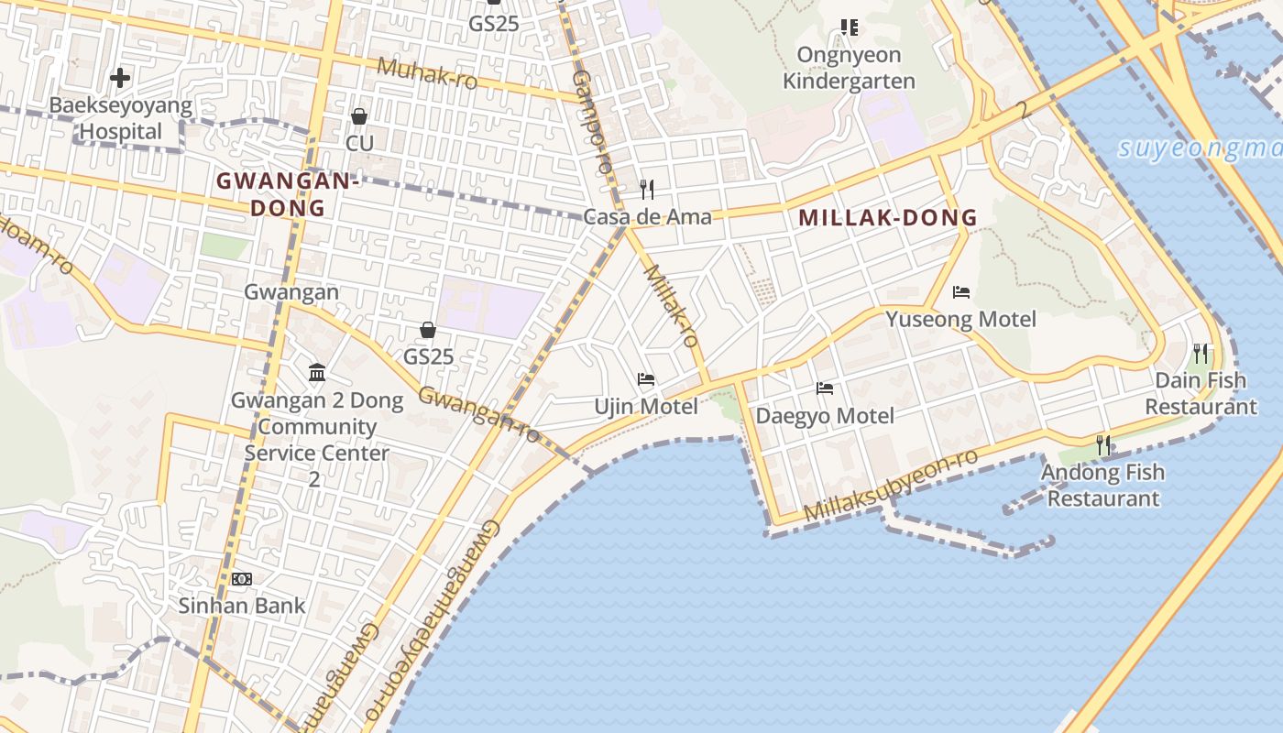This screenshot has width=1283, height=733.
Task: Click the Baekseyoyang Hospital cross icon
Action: [119, 78]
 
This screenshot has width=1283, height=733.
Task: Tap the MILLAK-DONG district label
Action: [888, 218]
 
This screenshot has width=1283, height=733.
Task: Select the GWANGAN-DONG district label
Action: [288, 194]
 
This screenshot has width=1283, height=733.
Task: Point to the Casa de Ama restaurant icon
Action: [647, 190]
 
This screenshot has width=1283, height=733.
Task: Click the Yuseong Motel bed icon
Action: [961, 292]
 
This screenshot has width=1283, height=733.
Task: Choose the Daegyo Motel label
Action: [824, 416]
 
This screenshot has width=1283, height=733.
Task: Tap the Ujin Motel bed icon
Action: [646, 379]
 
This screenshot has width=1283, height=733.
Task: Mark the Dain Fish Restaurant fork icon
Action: [1201, 353]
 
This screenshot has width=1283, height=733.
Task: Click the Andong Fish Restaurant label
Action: [1102, 486]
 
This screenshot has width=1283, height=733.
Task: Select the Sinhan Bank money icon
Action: [242, 579]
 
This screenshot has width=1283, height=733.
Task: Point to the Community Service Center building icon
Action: [317, 372]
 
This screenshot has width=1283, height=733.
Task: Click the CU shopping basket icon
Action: [359, 116]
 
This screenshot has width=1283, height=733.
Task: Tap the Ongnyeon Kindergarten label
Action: [849, 68]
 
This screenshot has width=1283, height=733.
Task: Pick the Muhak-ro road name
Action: [427, 73]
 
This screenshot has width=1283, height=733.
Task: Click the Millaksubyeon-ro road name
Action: [891, 486]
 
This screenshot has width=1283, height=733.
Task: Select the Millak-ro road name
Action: [672, 306]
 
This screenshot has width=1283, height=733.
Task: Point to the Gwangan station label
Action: [291, 292]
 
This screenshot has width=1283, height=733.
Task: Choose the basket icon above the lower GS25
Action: [428, 330]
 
